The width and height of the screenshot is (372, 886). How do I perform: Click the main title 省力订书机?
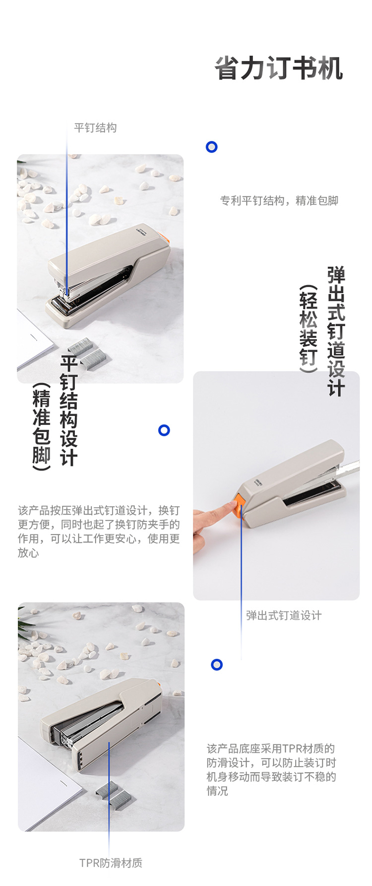[x=279, y=68]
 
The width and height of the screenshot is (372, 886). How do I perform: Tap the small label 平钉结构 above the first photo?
[x=95, y=128]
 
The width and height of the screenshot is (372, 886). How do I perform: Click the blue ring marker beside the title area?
[x=212, y=147]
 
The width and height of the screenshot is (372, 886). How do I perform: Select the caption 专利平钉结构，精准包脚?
[x=279, y=201]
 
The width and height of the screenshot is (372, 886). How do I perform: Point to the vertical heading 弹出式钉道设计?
[x=336, y=331]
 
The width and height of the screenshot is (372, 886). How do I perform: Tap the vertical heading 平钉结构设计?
[x=69, y=410]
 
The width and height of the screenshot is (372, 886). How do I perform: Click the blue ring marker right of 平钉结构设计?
[x=164, y=430]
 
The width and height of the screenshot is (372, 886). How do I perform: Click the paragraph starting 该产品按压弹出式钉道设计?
[x=99, y=532]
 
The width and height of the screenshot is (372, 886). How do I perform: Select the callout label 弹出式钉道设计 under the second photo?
[x=284, y=615]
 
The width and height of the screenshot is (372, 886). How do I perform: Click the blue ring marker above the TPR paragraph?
[x=217, y=665]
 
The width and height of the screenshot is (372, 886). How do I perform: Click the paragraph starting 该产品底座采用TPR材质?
[x=271, y=769]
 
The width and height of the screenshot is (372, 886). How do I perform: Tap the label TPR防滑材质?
[x=111, y=863]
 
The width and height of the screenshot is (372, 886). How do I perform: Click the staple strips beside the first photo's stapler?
[x=88, y=352]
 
